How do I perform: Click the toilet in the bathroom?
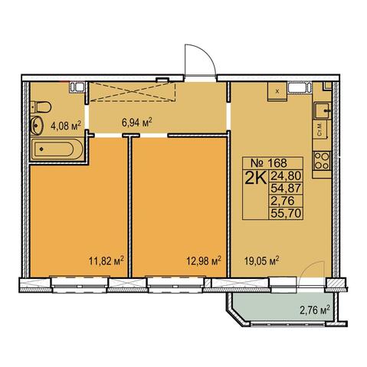click(x=41, y=107)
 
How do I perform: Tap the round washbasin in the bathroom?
click(x=36, y=125)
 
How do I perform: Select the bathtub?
click(x=57, y=149)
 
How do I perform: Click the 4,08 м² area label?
click(x=66, y=126)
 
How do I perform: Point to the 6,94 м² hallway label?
click(x=137, y=123)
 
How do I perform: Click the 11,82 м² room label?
click(x=106, y=261)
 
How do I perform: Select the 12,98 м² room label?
click(x=203, y=261)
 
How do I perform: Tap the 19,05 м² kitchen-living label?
click(x=261, y=261)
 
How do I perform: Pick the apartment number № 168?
click(x=269, y=162)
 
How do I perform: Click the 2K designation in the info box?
click(x=256, y=178)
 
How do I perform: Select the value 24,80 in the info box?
click(x=286, y=176)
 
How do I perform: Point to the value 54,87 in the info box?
click(x=286, y=188)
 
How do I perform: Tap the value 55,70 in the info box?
click(x=286, y=213)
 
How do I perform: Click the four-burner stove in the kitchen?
click(x=322, y=161)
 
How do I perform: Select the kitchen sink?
click(x=323, y=110)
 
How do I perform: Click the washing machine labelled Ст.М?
click(x=320, y=129)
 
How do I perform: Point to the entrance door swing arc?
click(x=206, y=54)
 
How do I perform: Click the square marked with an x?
click(x=277, y=91)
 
